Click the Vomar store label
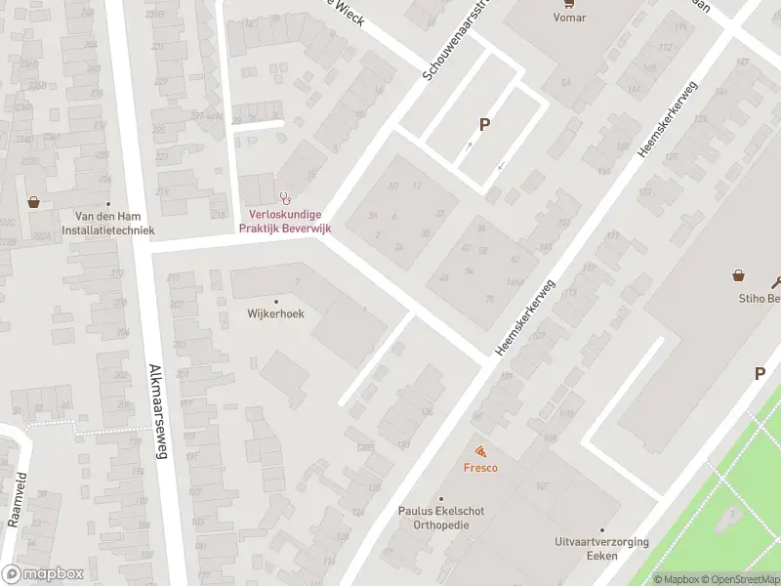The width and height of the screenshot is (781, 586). (x=569, y=17)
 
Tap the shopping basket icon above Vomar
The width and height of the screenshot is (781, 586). (x=569, y=3)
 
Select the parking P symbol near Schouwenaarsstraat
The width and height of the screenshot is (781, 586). (x=483, y=125)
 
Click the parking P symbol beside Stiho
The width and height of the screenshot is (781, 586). (x=760, y=373)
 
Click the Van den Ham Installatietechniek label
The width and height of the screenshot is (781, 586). (x=108, y=224)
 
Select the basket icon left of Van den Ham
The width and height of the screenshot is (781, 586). (x=34, y=202)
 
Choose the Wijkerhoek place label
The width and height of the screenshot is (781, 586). (x=275, y=314)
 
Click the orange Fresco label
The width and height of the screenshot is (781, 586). (x=480, y=468)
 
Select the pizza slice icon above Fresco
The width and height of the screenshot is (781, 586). (x=480, y=451)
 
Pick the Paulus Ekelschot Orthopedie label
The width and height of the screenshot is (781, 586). (x=440, y=518)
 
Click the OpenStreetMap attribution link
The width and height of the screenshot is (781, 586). (x=739, y=579)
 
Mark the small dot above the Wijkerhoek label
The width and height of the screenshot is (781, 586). (x=275, y=301)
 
